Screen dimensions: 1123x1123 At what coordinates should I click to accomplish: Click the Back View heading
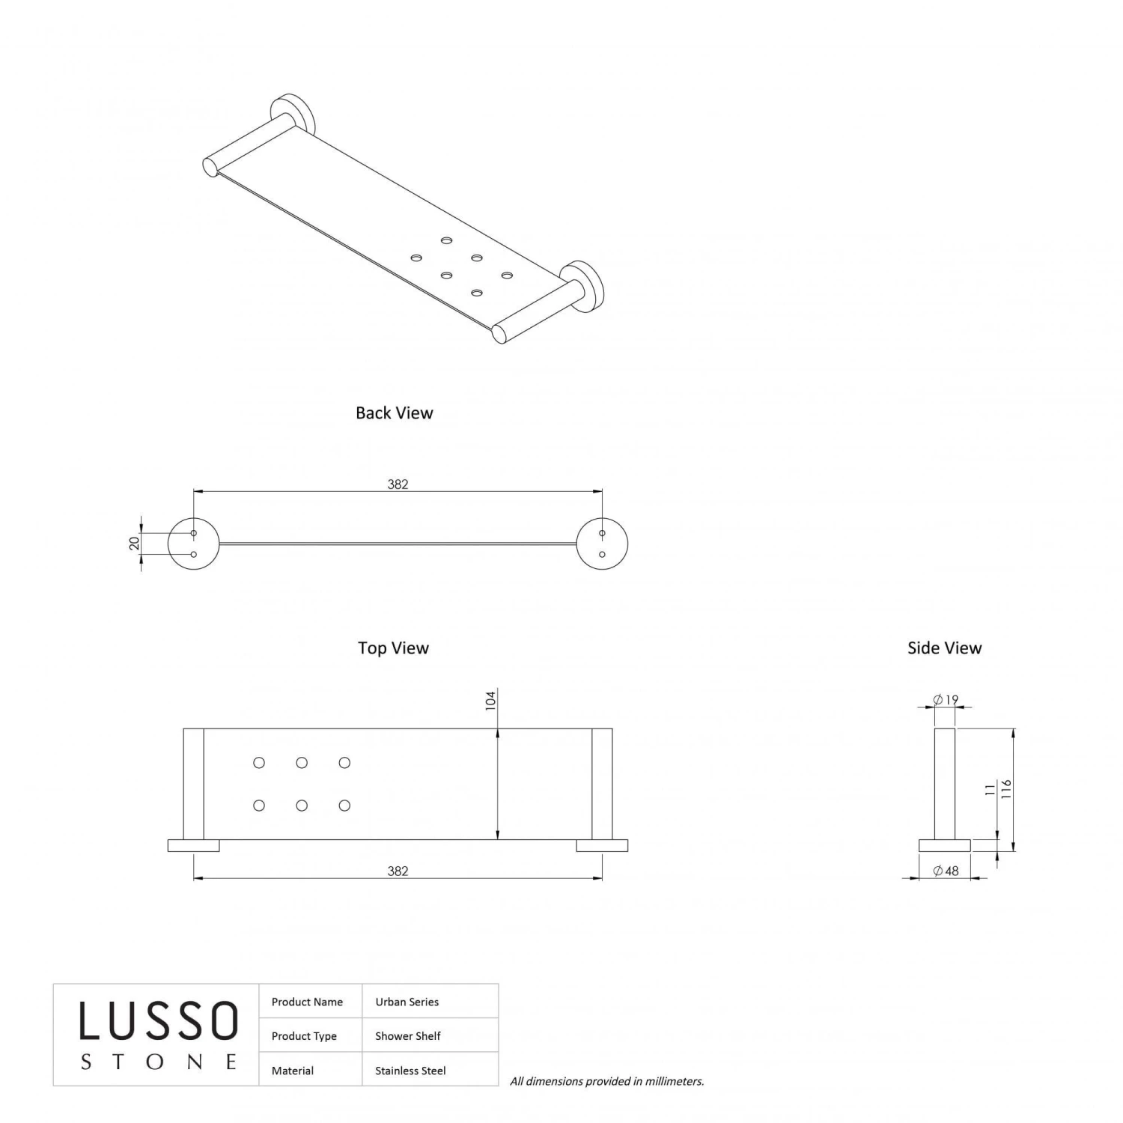(394, 413)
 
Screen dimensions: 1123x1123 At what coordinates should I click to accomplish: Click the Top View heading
(393, 648)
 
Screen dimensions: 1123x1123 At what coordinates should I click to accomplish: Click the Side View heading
(944, 648)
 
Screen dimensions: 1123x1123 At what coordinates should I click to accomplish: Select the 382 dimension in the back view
(398, 484)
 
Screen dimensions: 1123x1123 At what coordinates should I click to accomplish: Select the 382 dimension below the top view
(398, 871)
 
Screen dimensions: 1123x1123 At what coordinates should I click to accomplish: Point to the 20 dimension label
(135, 544)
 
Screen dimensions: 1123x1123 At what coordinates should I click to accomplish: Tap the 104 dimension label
(490, 701)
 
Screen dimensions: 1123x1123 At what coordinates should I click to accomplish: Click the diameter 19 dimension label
(946, 700)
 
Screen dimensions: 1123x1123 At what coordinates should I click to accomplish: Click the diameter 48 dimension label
(946, 871)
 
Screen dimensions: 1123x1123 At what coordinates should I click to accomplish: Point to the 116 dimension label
(1006, 789)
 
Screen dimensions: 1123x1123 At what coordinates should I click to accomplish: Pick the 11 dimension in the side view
(990, 789)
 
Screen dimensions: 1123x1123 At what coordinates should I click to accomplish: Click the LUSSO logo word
(159, 1021)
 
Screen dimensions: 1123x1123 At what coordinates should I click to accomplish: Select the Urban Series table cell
(407, 1002)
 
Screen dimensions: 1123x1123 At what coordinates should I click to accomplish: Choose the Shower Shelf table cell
(408, 1036)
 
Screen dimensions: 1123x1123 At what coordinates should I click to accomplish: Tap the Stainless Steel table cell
(410, 1071)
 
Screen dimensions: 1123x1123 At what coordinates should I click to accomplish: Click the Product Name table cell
(307, 1002)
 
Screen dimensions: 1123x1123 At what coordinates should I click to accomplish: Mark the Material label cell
(293, 1071)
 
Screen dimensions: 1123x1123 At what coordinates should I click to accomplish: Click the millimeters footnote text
(606, 1081)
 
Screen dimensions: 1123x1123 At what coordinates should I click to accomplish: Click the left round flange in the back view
(193, 544)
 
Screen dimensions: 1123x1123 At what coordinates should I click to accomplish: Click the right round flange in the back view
(602, 544)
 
